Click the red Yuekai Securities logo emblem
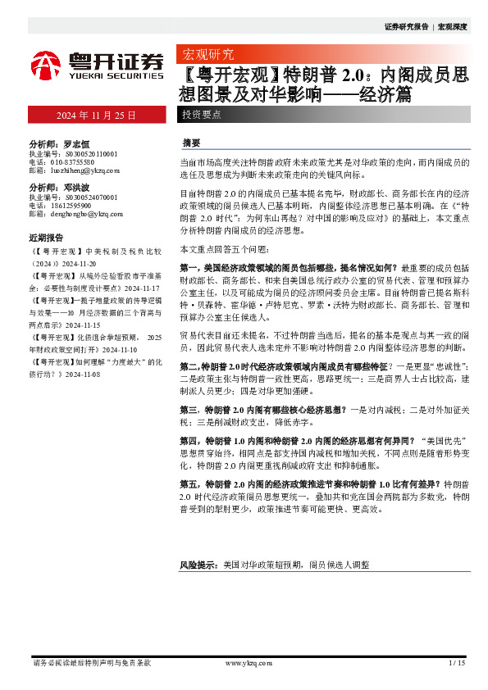pos(48,66)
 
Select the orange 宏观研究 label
pos(207,56)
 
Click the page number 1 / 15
pos(457,662)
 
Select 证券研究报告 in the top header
pos(406,27)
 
